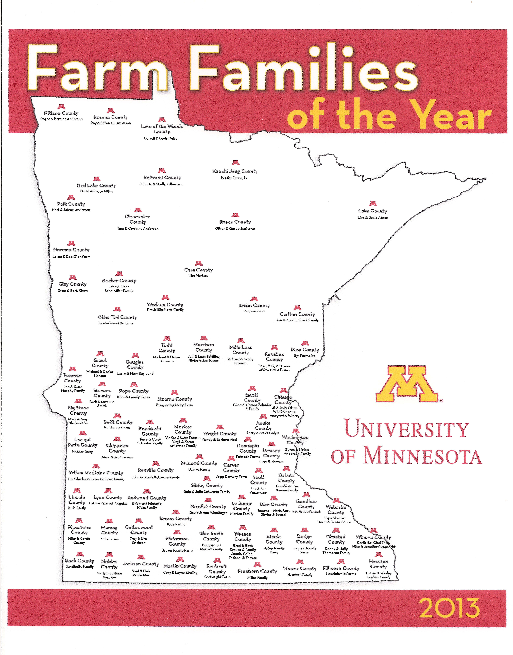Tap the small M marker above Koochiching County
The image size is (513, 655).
(x=236, y=163)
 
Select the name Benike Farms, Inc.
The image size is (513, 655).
(x=235, y=178)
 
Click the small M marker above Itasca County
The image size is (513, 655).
(x=235, y=215)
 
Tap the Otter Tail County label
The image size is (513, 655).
(x=117, y=317)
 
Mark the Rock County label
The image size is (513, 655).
(x=80, y=561)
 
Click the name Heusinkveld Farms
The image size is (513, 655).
(x=341, y=574)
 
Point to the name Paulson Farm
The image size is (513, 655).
(x=254, y=311)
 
